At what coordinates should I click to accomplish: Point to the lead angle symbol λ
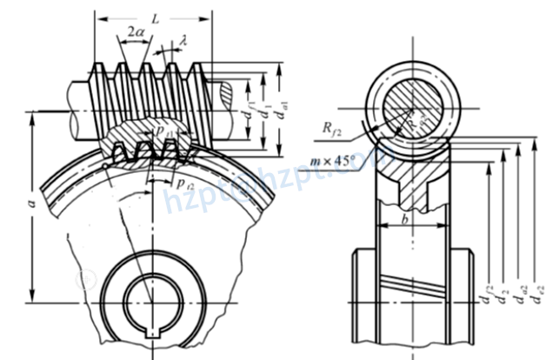click(x=184, y=38)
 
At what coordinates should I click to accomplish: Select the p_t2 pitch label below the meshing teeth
click(x=183, y=183)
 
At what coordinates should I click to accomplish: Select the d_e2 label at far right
click(x=541, y=298)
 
